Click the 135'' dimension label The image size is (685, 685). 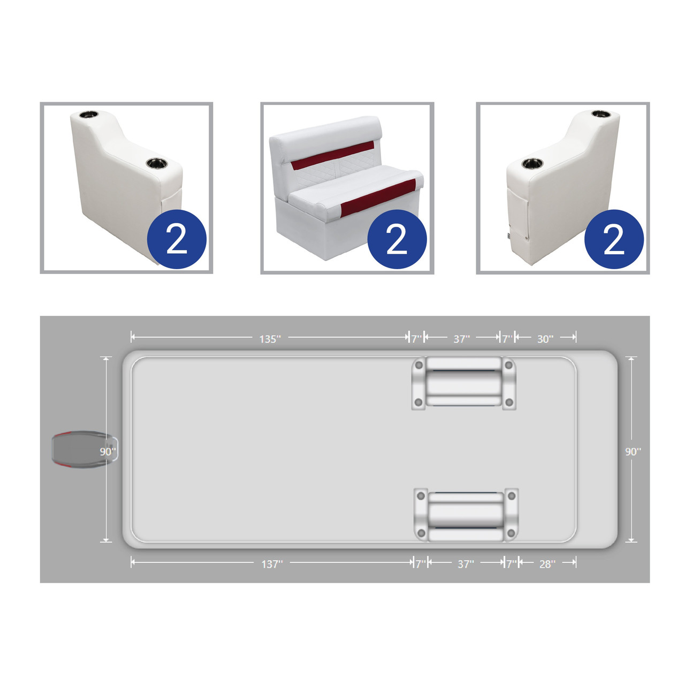[x=270, y=339]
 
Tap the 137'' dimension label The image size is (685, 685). [x=272, y=564]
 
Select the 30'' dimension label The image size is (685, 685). [x=545, y=339]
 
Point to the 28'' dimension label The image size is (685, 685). [x=547, y=564]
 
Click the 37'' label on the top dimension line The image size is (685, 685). [x=461, y=339]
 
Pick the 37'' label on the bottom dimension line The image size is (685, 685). [x=466, y=564]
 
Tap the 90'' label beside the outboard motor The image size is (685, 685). [x=108, y=451]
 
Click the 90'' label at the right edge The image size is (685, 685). [x=633, y=451]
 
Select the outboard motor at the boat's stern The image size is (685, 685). [x=85, y=449]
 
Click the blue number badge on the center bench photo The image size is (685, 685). [x=397, y=239]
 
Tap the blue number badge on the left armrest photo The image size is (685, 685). [x=177, y=239]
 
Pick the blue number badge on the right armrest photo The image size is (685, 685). [x=614, y=239]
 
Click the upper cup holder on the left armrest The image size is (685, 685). [x=88, y=115]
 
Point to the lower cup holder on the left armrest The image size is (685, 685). [x=156, y=163]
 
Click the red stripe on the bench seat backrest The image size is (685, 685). [x=332, y=156]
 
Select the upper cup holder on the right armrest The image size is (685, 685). [x=601, y=114]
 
